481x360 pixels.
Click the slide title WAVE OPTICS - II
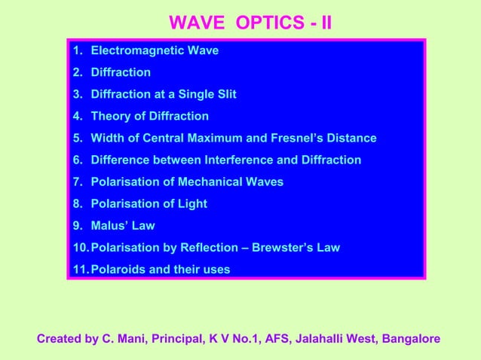pyautogui.click(x=250, y=23)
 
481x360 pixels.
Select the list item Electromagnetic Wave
pyautogui.click(x=155, y=51)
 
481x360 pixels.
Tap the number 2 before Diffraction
pyautogui.click(x=77, y=73)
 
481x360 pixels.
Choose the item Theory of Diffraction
pyautogui.click(x=149, y=117)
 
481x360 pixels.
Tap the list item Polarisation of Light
pyautogui.click(x=149, y=204)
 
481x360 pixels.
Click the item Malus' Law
pyautogui.click(x=123, y=226)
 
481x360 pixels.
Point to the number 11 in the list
pyautogui.click(x=79, y=270)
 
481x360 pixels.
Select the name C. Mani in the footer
pyautogui.click(x=129, y=339)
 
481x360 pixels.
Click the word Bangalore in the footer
pyautogui.click(x=412, y=339)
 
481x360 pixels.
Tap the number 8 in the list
pyautogui.click(x=77, y=204)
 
